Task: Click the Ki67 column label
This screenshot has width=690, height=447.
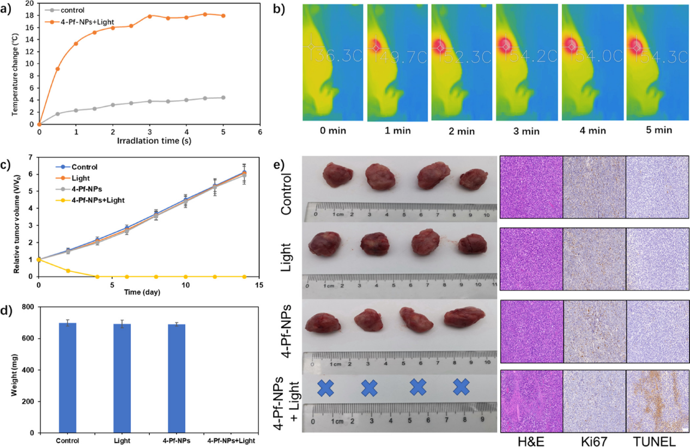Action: pyautogui.click(x=594, y=439)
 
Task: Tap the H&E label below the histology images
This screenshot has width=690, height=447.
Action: pyautogui.click(x=531, y=439)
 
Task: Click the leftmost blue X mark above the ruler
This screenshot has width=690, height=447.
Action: pyautogui.click(x=326, y=388)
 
